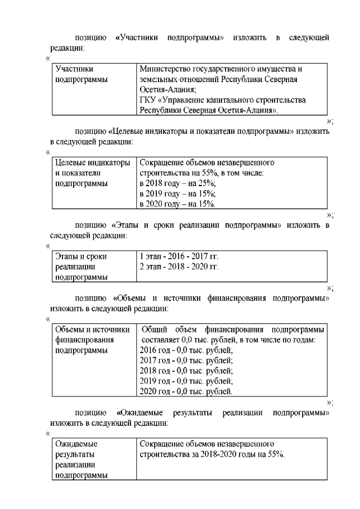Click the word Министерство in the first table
[164, 69]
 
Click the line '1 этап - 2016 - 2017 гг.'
[179, 256]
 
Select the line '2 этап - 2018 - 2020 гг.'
[179, 266]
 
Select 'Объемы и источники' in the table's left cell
[92, 329]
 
